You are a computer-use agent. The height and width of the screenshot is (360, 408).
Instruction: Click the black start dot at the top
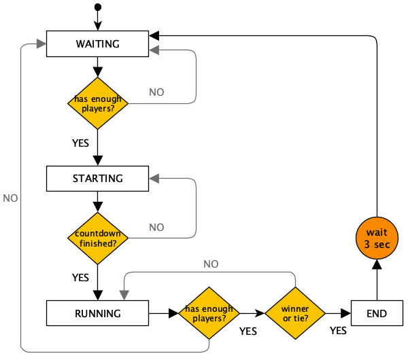[98, 7]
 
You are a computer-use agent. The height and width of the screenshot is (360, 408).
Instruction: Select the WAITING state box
[98, 44]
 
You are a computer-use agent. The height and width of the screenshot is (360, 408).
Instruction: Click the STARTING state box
[98, 179]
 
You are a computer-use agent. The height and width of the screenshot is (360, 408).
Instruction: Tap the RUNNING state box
[98, 314]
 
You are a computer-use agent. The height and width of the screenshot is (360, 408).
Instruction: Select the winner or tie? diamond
[294, 314]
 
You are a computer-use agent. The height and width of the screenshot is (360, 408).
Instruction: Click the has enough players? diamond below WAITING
[98, 104]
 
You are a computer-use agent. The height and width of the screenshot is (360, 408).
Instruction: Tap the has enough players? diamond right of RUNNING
[209, 314]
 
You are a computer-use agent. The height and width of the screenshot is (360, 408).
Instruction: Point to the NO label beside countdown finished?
[156, 227]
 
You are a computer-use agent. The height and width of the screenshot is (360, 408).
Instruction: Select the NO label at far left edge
[10, 198]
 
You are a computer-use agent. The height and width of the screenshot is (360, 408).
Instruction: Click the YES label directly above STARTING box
[81, 143]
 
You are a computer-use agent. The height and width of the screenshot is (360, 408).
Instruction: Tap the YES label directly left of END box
[338, 331]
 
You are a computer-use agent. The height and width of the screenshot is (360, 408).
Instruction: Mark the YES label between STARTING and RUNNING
[81, 277]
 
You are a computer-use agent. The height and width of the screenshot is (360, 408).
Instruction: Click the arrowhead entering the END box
[346, 314]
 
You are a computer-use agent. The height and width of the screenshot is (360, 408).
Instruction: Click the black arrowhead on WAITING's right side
[154, 35]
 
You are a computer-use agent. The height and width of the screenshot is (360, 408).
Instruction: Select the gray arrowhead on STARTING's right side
[154, 179]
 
